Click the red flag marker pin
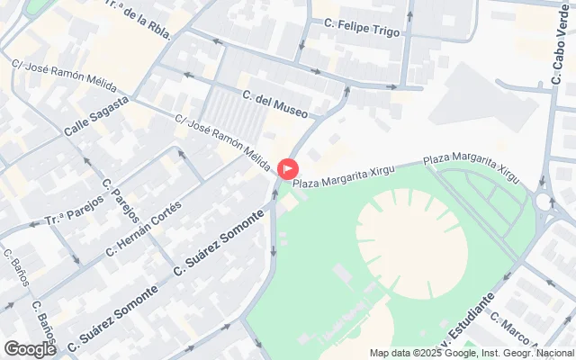tap(288, 168)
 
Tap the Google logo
tap(30, 349)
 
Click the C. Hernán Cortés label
tap(144, 228)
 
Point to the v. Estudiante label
tap(459, 334)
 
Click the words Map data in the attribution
tap(389, 353)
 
